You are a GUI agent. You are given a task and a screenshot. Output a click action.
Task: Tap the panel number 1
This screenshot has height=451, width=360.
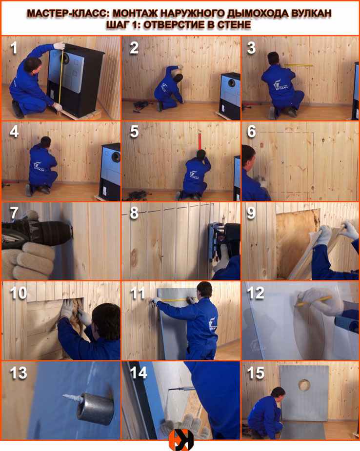click(14, 48)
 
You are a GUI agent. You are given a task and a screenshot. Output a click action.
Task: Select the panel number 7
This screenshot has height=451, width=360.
click(14, 213)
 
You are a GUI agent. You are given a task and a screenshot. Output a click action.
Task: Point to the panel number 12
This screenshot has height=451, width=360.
click(255, 293)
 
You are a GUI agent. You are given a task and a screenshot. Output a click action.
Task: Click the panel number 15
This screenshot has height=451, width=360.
click(255, 373)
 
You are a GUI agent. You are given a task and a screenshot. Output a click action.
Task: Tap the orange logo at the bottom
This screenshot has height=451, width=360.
click(181, 440)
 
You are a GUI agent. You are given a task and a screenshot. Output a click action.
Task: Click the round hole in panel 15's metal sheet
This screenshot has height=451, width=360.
click(304, 385)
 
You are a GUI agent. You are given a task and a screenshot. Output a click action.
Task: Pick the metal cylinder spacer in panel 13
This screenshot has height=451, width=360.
click(95, 409)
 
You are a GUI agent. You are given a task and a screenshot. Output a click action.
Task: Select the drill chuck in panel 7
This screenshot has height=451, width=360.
click(61, 232)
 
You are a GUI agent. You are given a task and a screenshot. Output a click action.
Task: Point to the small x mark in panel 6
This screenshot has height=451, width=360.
click(282, 162)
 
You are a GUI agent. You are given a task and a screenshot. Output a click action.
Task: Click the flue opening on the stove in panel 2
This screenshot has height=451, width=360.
click(232, 83)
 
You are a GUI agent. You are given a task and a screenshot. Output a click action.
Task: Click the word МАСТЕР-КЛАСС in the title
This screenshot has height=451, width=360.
click(68, 13)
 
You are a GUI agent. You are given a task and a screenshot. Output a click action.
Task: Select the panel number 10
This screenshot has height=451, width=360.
click(19, 293)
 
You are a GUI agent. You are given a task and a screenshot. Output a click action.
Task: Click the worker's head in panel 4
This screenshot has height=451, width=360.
click(45, 141)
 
